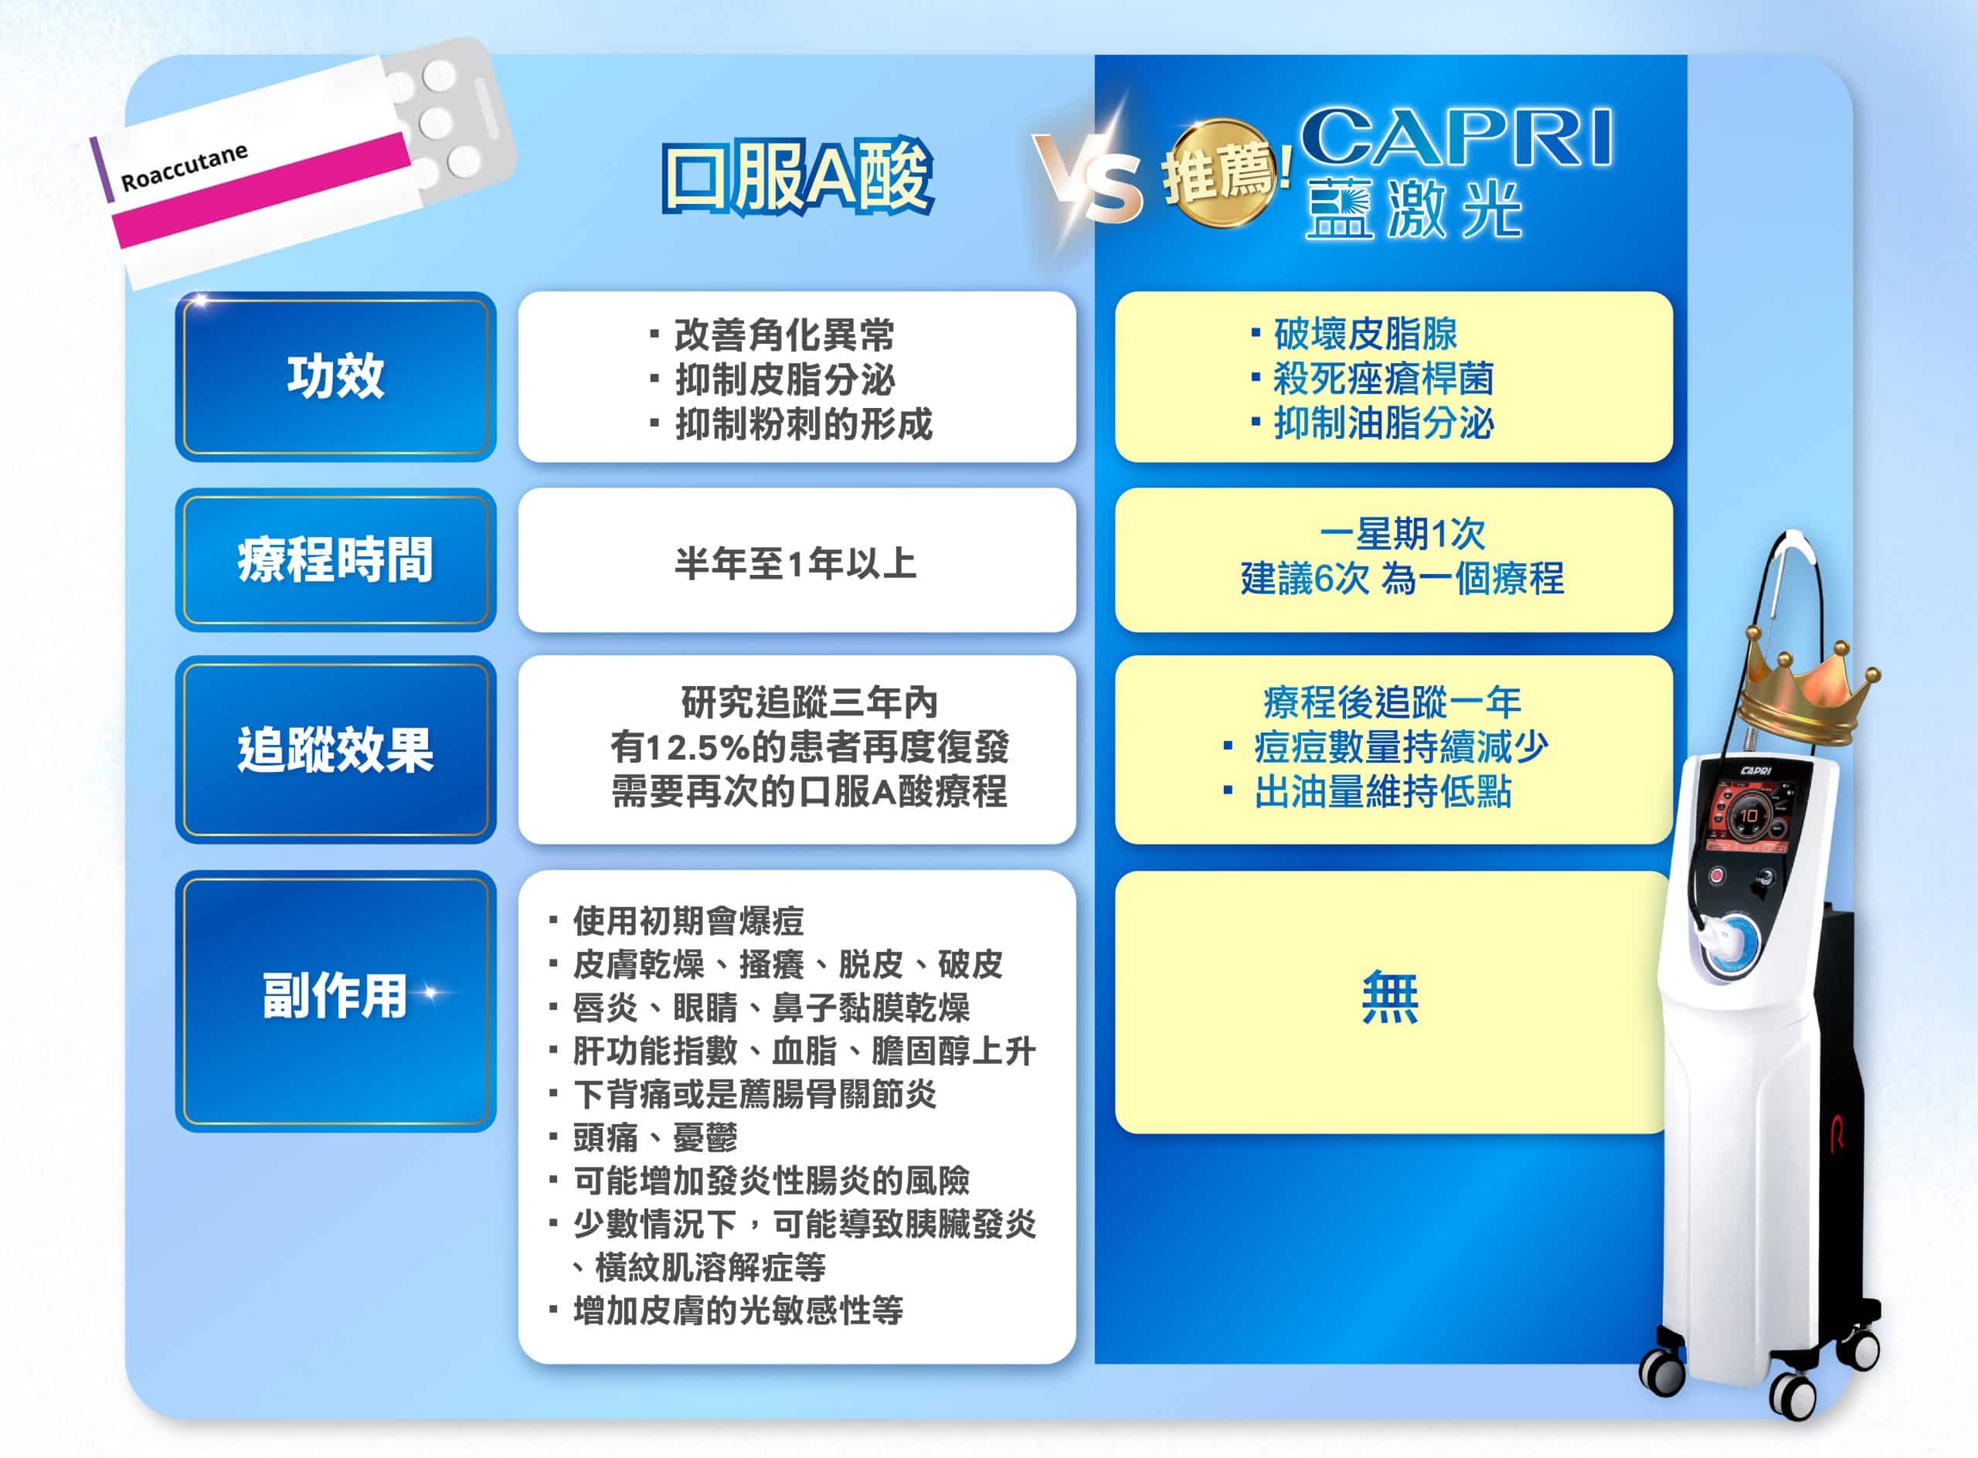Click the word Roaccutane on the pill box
point(184,167)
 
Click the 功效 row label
point(335,376)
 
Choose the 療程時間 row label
point(335,559)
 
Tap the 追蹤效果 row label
point(335,750)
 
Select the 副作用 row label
point(335,995)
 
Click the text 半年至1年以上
point(796,563)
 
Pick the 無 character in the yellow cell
point(1391,997)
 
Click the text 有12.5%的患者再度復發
point(810,747)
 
